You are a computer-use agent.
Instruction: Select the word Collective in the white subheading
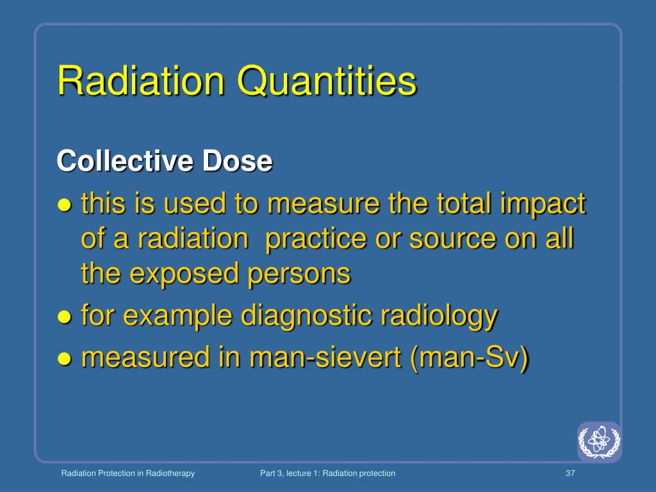point(125,161)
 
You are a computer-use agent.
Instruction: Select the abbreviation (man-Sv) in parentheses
point(471,357)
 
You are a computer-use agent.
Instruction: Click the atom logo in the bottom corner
point(599,441)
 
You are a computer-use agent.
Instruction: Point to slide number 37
point(571,473)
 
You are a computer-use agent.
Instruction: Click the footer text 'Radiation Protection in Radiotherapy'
point(127,473)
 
